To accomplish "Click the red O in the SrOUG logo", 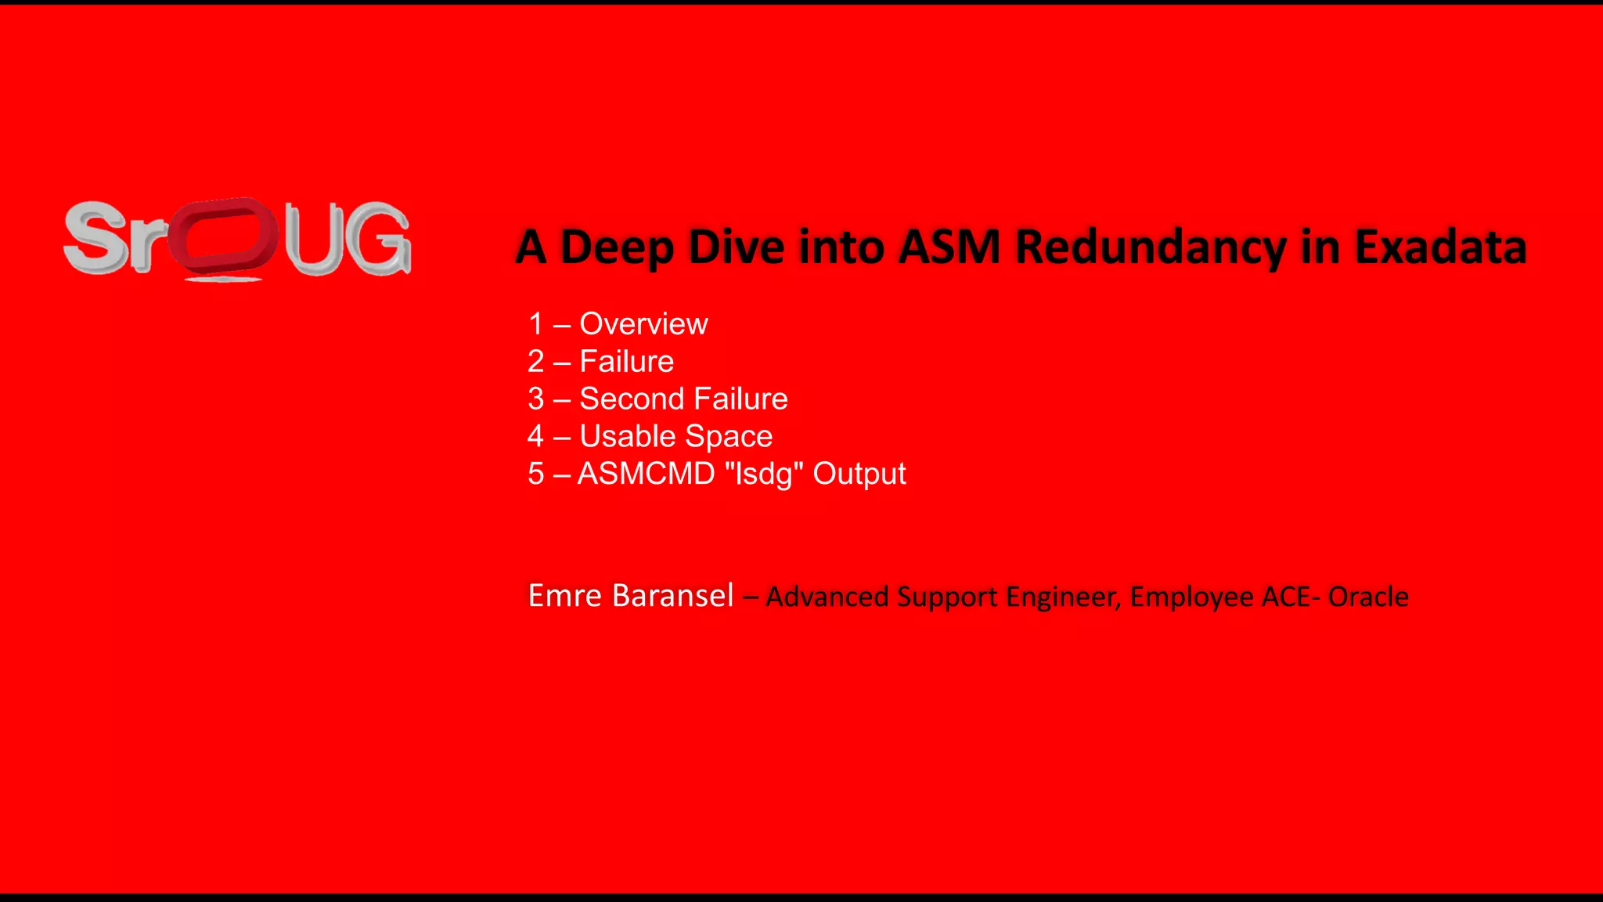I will [223, 238].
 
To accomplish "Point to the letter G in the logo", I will [381, 240].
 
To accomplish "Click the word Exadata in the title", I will [1440, 247].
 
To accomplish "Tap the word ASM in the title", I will [949, 247].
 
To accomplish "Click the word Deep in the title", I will [618, 247].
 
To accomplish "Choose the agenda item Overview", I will [643, 324].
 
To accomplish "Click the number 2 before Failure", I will [535, 362].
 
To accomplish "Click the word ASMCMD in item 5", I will [646, 474].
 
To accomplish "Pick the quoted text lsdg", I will [764, 474].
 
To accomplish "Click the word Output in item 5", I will [859, 474].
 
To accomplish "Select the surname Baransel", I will [672, 596].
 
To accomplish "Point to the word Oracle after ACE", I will [1368, 597].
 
